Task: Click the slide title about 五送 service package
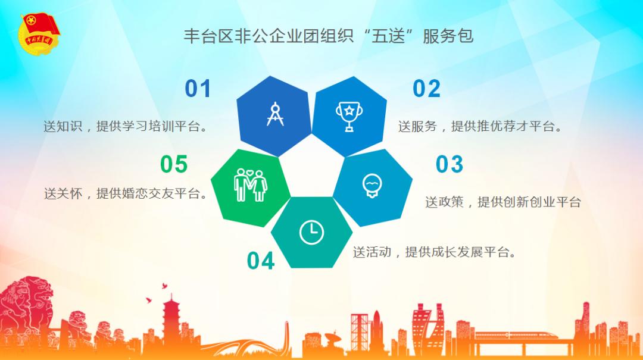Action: (329, 36)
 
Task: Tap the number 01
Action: (198, 89)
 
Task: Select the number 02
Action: (426, 89)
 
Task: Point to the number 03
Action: (450, 164)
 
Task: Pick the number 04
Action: (261, 261)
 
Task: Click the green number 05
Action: (174, 164)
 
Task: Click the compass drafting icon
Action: (275, 114)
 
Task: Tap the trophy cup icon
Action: (349, 117)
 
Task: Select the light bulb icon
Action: (372, 186)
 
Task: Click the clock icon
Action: (311, 233)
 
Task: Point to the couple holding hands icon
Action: (250, 185)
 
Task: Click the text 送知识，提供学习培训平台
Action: (126, 126)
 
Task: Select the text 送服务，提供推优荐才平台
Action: (480, 126)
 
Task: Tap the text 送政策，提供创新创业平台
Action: (502, 202)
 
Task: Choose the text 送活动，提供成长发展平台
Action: (435, 252)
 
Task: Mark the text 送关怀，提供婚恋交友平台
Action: (126, 193)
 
